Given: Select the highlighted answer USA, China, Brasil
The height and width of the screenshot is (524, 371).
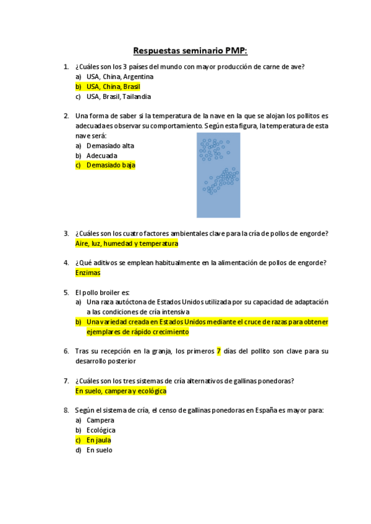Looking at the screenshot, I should click(x=113, y=87).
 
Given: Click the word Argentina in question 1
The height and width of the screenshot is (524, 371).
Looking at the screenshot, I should click(x=137, y=77).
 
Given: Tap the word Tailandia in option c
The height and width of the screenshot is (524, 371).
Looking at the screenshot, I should click(x=137, y=96).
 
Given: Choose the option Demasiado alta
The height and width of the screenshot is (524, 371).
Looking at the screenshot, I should click(x=110, y=146).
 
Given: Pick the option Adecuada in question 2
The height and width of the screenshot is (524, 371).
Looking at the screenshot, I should click(x=102, y=156).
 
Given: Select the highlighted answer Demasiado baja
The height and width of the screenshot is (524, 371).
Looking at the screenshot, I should click(x=111, y=166).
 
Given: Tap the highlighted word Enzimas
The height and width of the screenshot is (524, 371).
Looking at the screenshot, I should click(x=87, y=273).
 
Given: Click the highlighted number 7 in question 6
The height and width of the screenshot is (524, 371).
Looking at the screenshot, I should click(x=218, y=351).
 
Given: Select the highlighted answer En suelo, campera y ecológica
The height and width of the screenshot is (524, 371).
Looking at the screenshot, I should click(x=121, y=391).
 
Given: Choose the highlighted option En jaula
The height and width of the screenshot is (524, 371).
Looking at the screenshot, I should click(x=99, y=440).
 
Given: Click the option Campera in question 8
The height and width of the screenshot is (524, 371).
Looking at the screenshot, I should click(x=100, y=420).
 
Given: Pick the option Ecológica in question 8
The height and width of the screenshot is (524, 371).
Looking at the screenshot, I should click(x=101, y=430).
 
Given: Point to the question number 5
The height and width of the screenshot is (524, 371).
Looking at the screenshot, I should click(x=66, y=292).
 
